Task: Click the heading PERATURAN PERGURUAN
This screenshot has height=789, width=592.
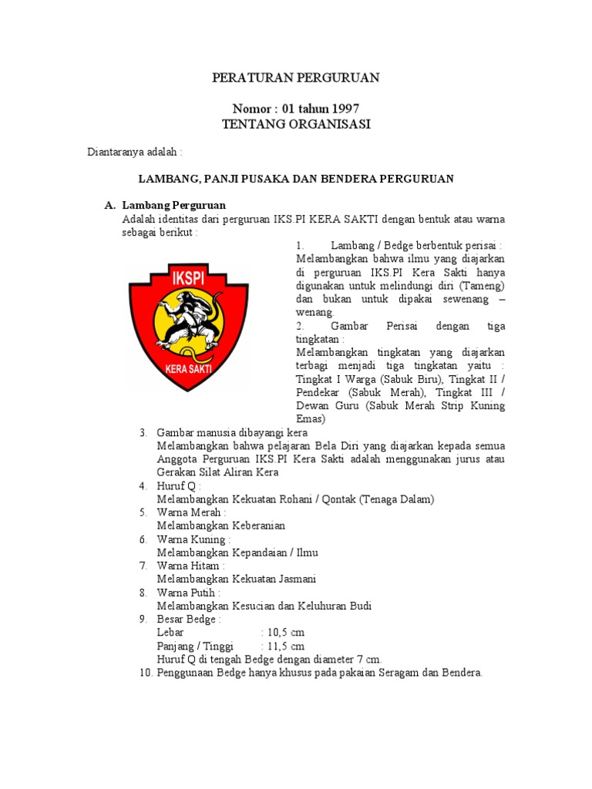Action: point(296,78)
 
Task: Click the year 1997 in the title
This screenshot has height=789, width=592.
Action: point(344,109)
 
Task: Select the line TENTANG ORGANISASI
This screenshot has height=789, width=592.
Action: point(296,124)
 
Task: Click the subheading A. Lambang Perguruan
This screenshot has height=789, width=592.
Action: point(165,205)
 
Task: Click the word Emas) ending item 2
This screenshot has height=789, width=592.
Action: point(311,419)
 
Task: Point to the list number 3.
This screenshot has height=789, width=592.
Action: point(143,433)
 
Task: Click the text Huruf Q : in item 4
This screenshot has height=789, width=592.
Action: point(179,486)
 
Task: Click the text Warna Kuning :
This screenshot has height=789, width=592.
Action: point(193,539)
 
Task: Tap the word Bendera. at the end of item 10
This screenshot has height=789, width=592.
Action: point(461,672)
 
